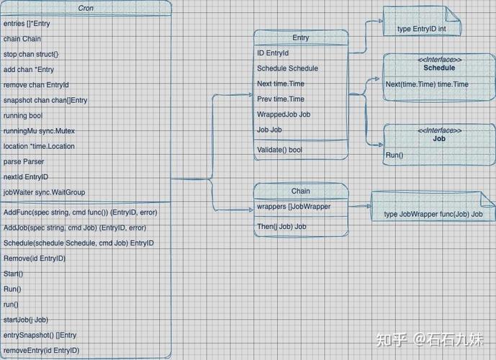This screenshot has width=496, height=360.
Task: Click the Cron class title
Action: [86, 8]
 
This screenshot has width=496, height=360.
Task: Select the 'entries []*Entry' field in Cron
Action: [27, 24]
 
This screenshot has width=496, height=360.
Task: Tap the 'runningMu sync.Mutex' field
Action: [39, 131]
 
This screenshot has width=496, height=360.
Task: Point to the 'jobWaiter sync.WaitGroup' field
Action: [45, 192]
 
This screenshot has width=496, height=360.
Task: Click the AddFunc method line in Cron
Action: [81, 212]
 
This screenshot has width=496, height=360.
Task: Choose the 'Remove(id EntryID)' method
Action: [35, 258]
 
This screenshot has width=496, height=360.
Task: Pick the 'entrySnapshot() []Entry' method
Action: [40, 336]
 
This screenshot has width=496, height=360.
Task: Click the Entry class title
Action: [300, 37]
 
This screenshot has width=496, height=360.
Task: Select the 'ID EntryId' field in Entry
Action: [273, 53]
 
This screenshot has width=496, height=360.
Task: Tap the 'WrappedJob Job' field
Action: [284, 114]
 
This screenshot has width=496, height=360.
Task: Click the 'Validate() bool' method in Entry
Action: [279, 150]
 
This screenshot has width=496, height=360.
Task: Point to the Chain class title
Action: [300, 191]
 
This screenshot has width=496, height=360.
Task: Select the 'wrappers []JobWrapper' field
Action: [294, 207]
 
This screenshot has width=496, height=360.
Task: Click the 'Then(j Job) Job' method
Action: [281, 227]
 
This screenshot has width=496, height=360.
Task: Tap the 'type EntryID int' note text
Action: [422, 29]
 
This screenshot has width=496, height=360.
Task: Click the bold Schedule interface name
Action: [439, 68]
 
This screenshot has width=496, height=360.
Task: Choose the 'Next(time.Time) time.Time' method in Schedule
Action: [427, 84]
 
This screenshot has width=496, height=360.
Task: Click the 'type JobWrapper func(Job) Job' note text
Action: [433, 214]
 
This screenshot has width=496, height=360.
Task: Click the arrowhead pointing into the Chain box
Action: [251, 209]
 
